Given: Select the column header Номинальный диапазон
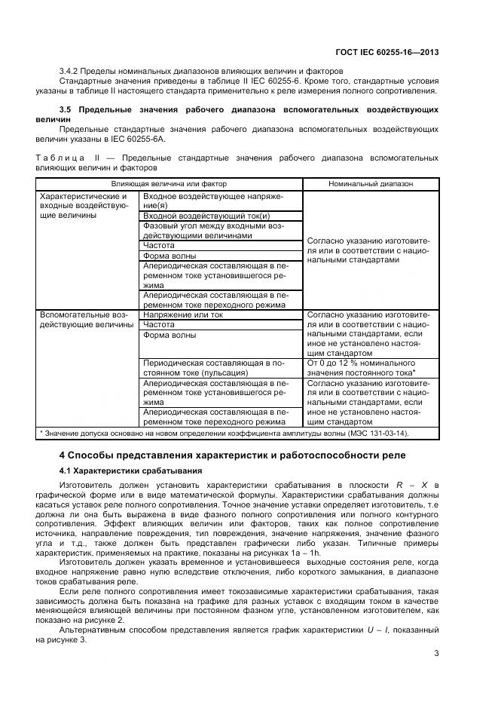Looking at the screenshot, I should coord(370,183).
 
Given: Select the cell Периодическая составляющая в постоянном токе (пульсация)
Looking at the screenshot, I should coord(213,367).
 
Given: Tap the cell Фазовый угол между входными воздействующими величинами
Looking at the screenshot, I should coord(213,231).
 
